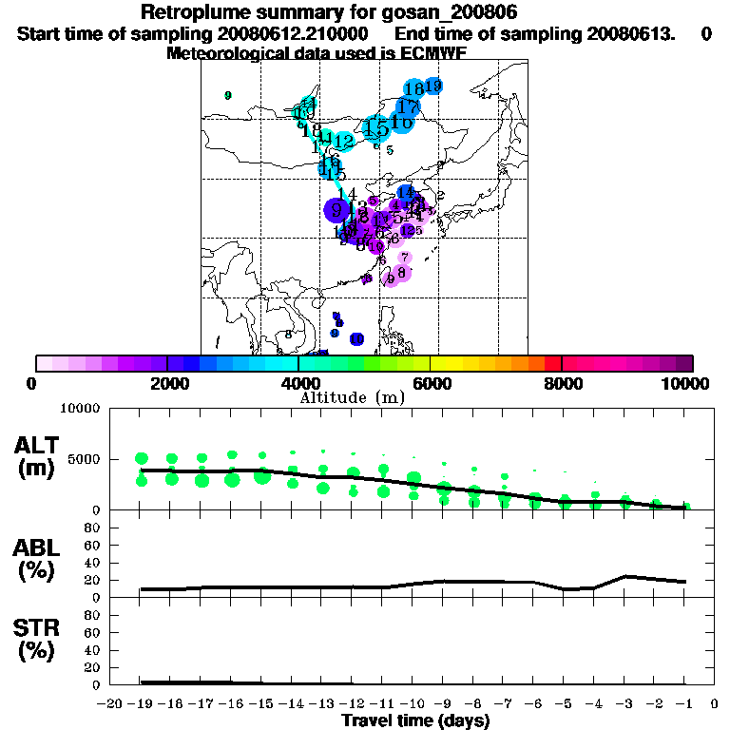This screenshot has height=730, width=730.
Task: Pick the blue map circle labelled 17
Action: (408, 106)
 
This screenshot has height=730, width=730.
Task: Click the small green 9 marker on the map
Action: (228, 95)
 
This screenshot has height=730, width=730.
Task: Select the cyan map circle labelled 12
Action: (344, 142)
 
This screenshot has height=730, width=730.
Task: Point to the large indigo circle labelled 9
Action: (336, 210)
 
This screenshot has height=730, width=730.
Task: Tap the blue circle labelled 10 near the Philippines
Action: (356, 339)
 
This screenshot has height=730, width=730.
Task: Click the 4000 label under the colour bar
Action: (298, 383)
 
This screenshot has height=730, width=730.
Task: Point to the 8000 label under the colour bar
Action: (562, 383)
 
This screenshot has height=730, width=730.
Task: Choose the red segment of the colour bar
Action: (552, 363)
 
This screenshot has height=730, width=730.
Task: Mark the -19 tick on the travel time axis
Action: (141, 704)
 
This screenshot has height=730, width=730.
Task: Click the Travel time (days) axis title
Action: (415, 720)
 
